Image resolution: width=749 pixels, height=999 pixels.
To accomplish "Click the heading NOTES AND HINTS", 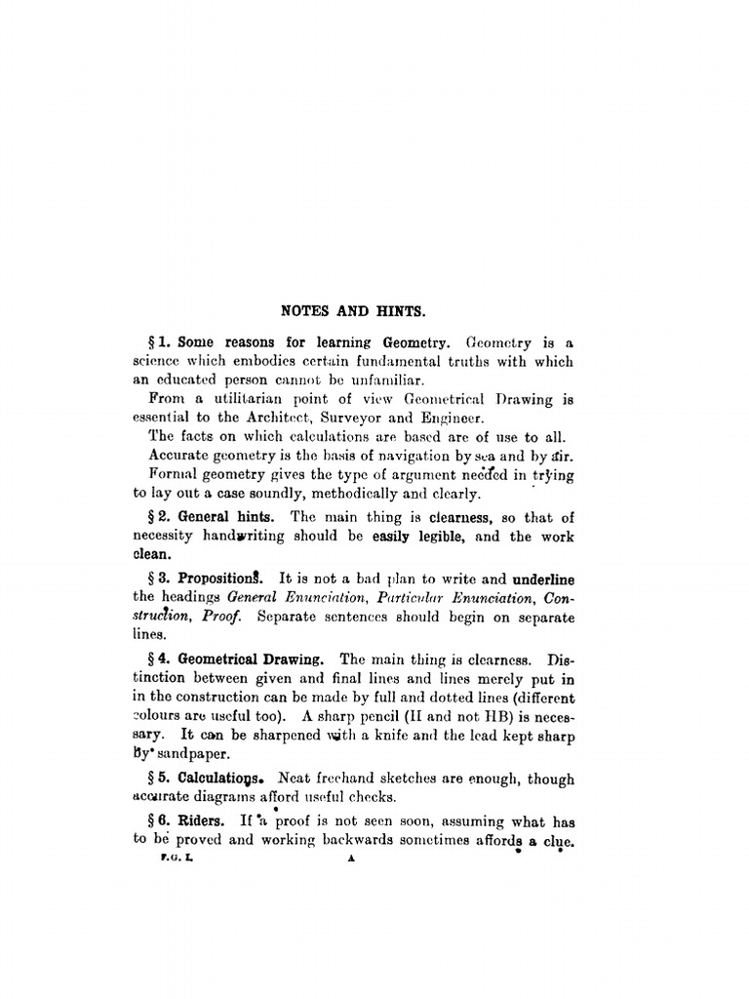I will pyautogui.click(x=353, y=311).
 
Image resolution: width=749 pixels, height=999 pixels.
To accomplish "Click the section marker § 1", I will pyautogui.click(x=160, y=343).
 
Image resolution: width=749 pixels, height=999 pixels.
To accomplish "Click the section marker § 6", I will pyautogui.click(x=160, y=821).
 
